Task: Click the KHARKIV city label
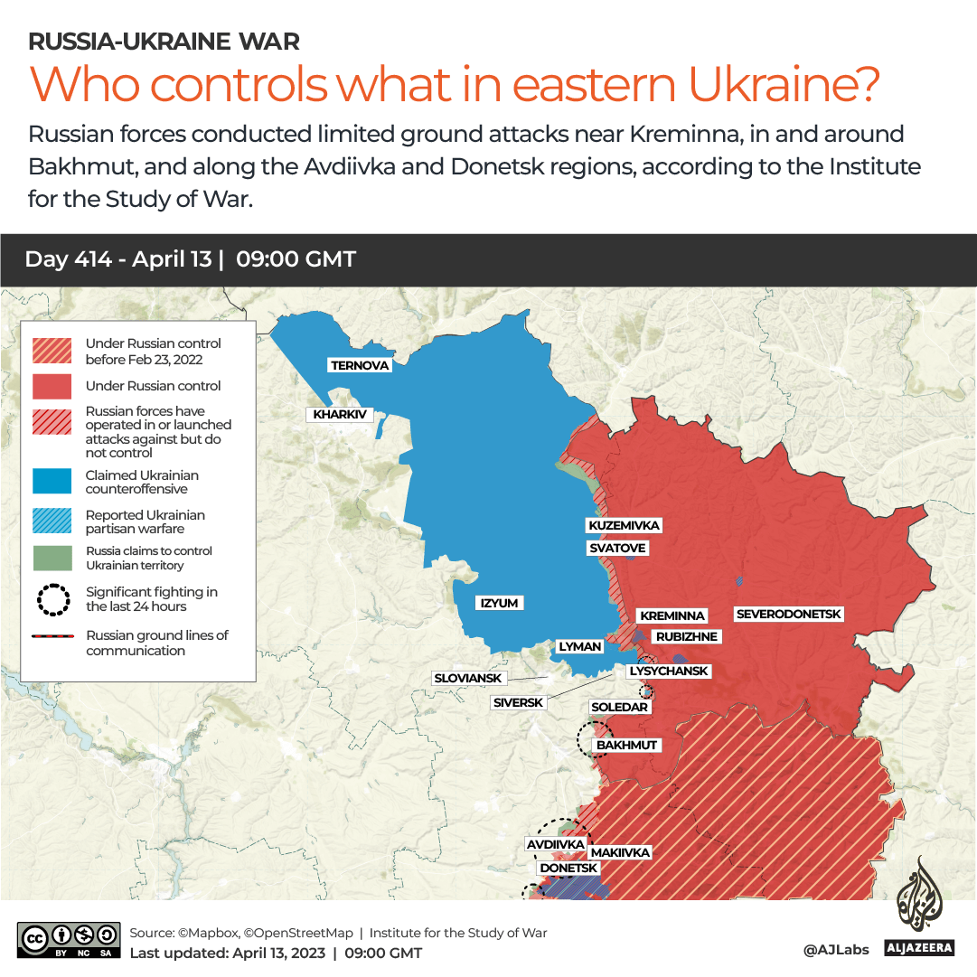pos(341,415)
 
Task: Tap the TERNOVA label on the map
pos(360,365)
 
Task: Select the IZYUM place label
pos(501,603)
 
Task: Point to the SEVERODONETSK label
pos(789,615)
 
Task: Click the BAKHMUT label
pos(626,746)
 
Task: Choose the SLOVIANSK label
pos(468,678)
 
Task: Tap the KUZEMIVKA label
pos(624,525)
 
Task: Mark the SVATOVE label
pos(617,548)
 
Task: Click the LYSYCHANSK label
pos(669,672)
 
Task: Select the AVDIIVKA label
pos(555,844)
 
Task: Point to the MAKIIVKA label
pos(620,852)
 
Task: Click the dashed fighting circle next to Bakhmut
pos(594,738)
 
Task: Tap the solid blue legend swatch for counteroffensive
pos(52,482)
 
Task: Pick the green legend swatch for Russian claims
pos(52,558)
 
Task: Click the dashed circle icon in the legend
pos(52,599)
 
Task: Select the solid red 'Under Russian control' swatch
pos(52,386)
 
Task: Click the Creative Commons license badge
pos(69,939)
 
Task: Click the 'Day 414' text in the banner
pos(69,259)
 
